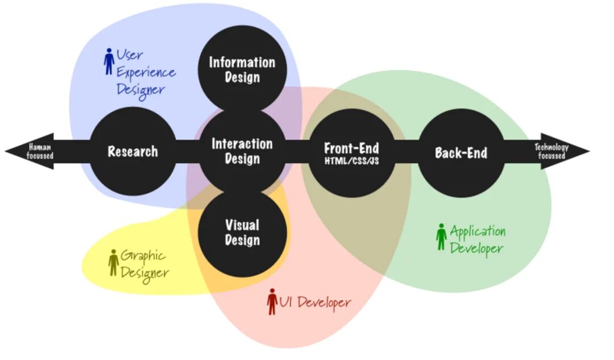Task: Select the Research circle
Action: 133,151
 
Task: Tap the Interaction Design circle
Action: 242,151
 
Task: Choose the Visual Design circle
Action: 242,232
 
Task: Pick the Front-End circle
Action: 351,152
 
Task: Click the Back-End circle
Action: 461,152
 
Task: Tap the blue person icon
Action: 109,61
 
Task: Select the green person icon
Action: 441,237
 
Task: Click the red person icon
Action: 272,302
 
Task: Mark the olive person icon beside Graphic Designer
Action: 113,262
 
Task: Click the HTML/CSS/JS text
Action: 351,161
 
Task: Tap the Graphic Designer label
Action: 144,264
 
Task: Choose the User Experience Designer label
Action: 146,72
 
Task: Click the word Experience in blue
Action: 146,73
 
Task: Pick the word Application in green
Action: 478,231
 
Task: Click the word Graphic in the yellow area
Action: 143,256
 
